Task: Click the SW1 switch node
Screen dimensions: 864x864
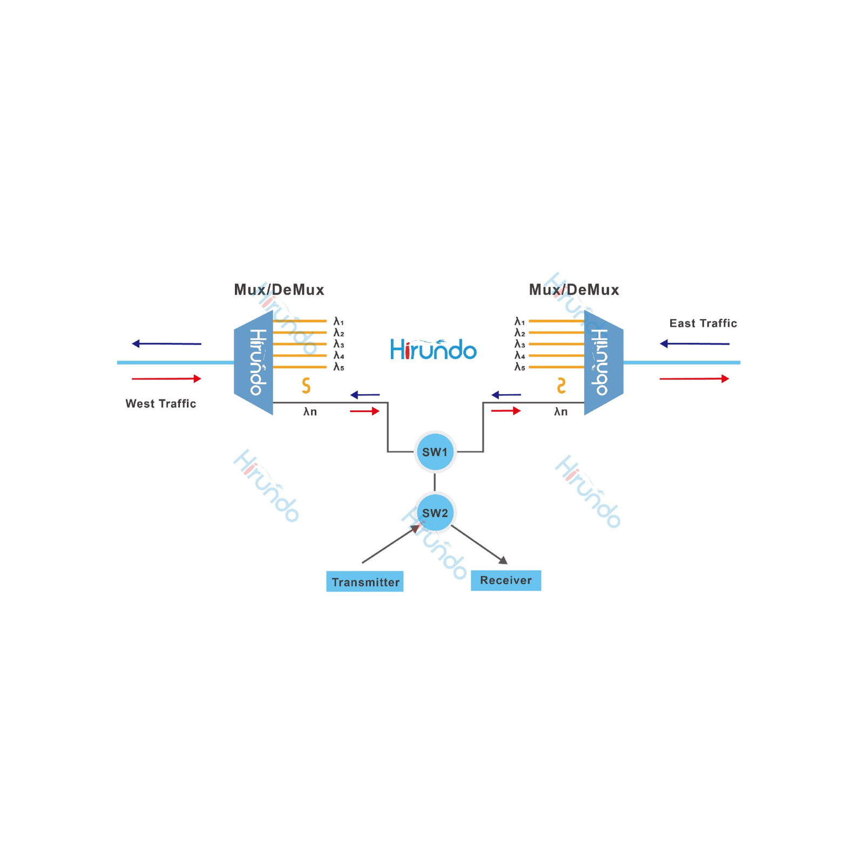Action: (435, 452)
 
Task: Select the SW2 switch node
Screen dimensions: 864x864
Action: (435, 513)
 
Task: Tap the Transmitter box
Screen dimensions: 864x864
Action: (365, 582)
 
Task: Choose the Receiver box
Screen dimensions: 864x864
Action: (505, 580)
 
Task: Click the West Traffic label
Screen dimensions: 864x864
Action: (160, 403)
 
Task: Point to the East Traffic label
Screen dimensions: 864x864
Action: (703, 323)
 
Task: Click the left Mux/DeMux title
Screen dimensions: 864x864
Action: (279, 289)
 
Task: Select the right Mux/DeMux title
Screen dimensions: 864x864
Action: (573, 289)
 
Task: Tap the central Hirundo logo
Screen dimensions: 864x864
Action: (433, 350)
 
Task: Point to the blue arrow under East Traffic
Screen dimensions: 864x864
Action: (694, 343)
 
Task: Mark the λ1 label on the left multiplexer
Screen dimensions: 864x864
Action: (339, 321)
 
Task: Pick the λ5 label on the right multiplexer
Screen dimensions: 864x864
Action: (519, 367)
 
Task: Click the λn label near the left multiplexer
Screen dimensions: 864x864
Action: (310, 411)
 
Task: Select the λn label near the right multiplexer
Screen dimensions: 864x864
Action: (561, 411)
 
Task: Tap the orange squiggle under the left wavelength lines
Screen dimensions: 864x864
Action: (306, 386)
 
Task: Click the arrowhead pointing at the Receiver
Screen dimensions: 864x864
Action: (503, 561)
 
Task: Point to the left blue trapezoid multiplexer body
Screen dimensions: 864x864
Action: (253, 362)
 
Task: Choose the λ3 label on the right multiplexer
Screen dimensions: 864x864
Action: (519, 344)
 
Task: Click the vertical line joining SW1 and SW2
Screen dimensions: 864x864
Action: (435, 482)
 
